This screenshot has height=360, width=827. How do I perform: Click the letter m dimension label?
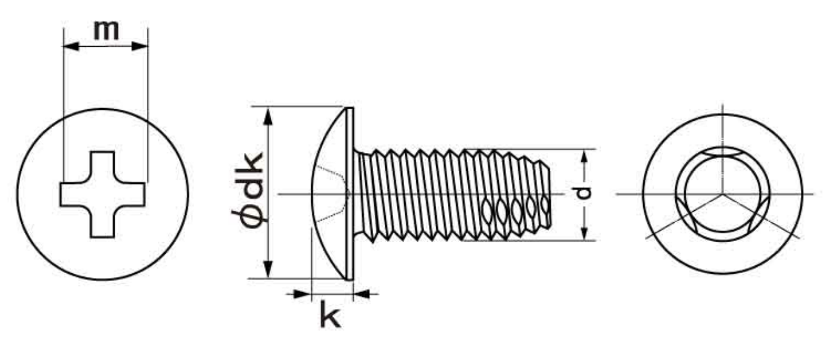(x=106, y=31)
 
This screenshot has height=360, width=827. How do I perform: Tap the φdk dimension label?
(x=248, y=190)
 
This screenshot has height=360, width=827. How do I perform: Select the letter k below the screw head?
(x=330, y=314)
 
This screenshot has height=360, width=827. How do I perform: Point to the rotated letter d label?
(x=583, y=193)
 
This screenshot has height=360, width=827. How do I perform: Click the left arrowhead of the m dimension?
(x=71, y=47)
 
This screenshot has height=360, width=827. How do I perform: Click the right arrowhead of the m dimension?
(x=140, y=47)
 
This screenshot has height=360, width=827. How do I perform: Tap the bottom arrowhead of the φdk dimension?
(x=268, y=269)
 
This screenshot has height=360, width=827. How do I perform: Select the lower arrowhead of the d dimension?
(x=584, y=233)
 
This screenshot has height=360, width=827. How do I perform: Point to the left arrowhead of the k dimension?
(x=303, y=294)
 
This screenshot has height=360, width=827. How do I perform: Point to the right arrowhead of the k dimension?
(x=362, y=294)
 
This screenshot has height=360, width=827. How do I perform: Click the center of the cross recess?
(x=103, y=194)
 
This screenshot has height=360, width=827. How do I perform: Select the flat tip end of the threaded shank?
(x=550, y=197)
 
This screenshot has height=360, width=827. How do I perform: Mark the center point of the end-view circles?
(x=723, y=194)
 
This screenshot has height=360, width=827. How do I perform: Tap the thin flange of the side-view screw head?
(x=349, y=194)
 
